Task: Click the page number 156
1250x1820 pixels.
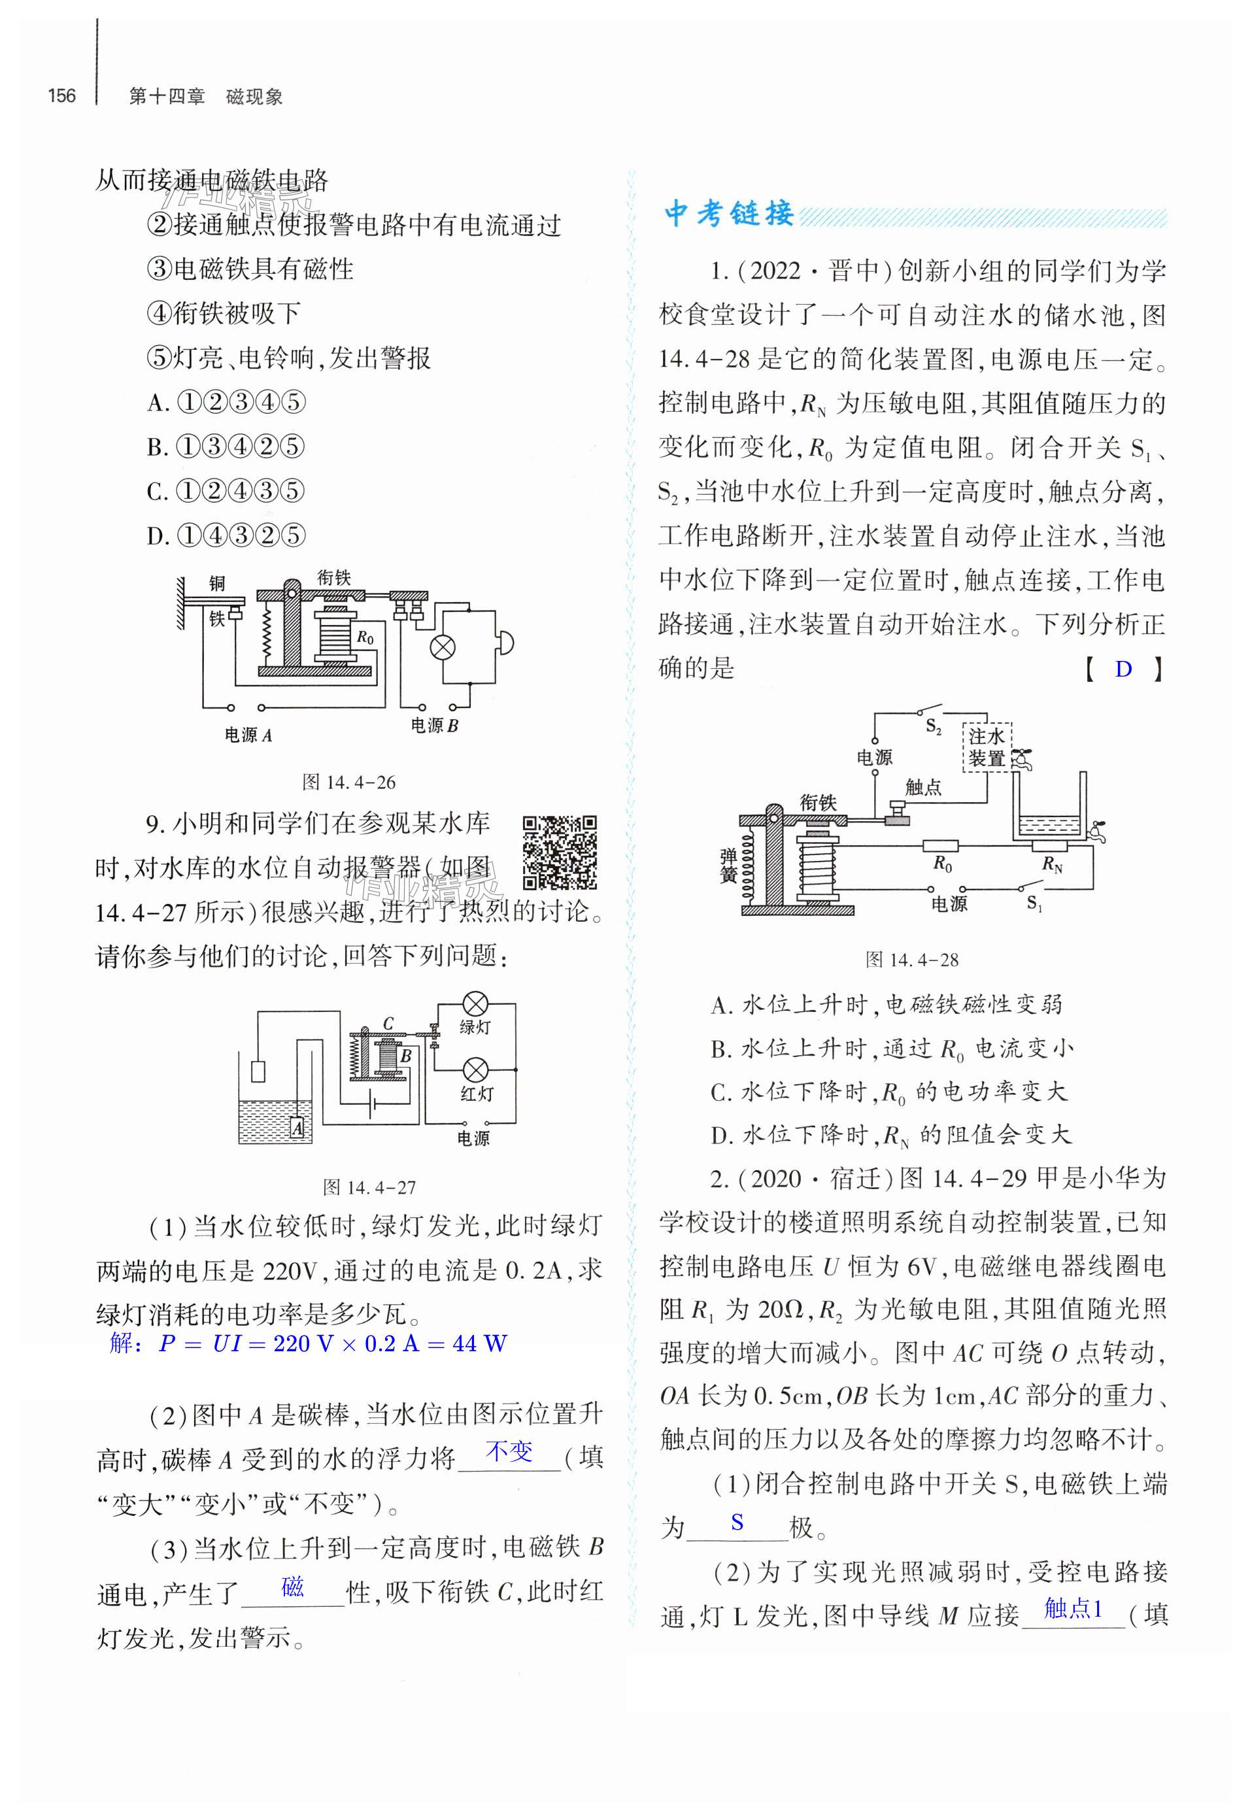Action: (x=62, y=96)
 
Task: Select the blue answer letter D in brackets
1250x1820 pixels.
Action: (x=1123, y=669)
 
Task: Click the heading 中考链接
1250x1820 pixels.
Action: (x=729, y=214)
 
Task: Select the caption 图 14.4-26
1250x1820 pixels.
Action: (x=348, y=782)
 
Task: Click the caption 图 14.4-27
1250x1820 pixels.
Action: (x=369, y=1187)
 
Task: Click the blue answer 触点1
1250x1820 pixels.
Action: (x=1073, y=1609)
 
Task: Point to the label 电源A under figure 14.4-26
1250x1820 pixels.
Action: (x=248, y=735)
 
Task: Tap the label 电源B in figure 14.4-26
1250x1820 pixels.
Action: (x=434, y=725)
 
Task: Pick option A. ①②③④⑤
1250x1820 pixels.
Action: (x=226, y=403)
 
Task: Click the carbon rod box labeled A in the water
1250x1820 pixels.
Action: (x=297, y=1128)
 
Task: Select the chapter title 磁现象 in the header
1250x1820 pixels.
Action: (x=254, y=97)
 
